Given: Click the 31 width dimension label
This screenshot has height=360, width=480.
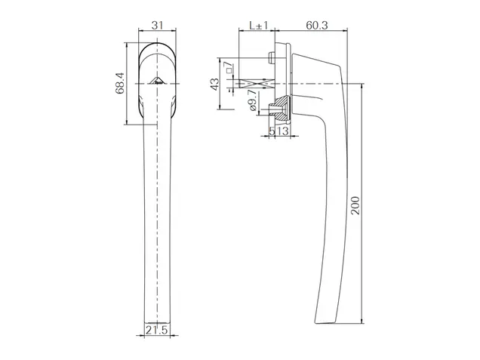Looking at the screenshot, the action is click(157, 25).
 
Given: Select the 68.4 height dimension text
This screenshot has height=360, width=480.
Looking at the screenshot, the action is click(120, 83).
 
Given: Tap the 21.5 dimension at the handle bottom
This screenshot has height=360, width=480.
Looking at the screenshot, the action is click(157, 331).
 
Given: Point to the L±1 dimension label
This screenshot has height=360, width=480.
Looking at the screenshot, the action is click(259, 25).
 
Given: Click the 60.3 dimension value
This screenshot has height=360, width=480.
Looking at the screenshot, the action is click(317, 25).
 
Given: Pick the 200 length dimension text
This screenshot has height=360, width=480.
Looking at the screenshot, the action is click(355, 205).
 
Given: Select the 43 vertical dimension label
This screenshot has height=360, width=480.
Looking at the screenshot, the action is click(215, 85).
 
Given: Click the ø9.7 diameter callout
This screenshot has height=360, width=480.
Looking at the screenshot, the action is click(253, 100).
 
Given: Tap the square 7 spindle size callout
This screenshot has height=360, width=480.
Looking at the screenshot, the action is click(229, 67).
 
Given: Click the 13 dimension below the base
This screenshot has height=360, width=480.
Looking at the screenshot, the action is click(282, 131).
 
